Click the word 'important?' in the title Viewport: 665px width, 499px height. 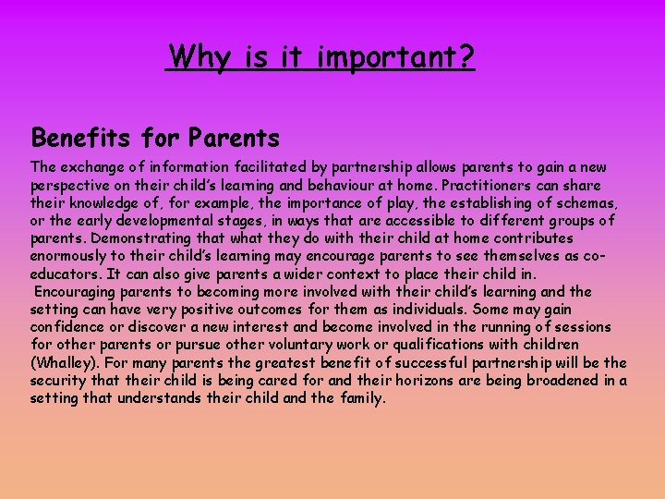tap(395, 57)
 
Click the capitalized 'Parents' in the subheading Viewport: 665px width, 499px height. tap(234, 139)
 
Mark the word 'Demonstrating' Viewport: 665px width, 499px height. tap(136, 238)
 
